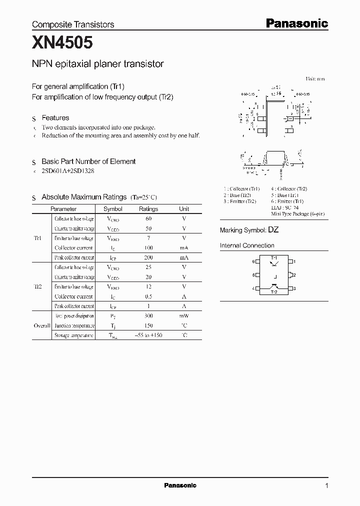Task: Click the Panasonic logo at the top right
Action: pos(296,23)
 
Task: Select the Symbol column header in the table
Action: pos(112,209)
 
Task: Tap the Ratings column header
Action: pos(148,209)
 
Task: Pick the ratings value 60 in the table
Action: pos(148,219)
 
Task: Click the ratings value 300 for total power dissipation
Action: pos(148,316)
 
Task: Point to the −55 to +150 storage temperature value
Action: pos(148,335)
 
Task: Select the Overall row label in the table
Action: pos(42,325)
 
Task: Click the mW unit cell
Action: pos(184,316)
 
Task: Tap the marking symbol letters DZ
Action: pos(273,230)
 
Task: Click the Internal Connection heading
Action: pos(247,245)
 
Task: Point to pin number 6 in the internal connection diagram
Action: pos(253,261)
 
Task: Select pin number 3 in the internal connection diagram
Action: pos(294,288)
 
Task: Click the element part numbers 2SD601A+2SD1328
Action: pos(67,171)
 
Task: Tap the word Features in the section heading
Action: pos(55,118)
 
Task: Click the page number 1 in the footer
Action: pos(326,485)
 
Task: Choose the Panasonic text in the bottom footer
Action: pos(180,485)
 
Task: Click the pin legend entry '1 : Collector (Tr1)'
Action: pos(241,188)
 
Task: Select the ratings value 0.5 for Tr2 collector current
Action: pos(148,296)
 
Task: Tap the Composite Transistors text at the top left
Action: pos(73,24)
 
